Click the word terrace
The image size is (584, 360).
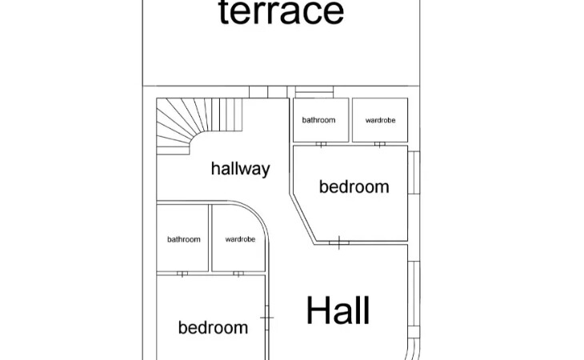pos(281,12)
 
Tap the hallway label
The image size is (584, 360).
pos(241,169)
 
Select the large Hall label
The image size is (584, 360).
pos(338,310)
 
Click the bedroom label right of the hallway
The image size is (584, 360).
pos(354,186)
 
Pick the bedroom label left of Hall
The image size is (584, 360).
pos(213,328)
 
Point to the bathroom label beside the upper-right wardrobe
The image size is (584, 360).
pos(318,120)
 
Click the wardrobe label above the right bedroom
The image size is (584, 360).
pos(380,120)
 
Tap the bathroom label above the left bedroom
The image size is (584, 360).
pos(184,239)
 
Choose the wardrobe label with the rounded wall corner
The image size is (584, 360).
pos(240,239)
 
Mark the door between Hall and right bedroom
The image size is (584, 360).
pos(339,242)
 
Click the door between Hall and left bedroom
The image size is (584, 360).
pos(266,318)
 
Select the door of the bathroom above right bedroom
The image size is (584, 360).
pos(321,144)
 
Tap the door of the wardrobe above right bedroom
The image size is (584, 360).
pos(379,144)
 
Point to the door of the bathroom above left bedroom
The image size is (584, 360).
pos(182,274)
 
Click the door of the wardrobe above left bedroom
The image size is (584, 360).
pos(238,274)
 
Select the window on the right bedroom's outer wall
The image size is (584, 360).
pos(414,173)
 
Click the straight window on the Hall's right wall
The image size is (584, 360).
pos(414,294)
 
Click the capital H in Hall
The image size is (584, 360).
pos(318,310)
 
